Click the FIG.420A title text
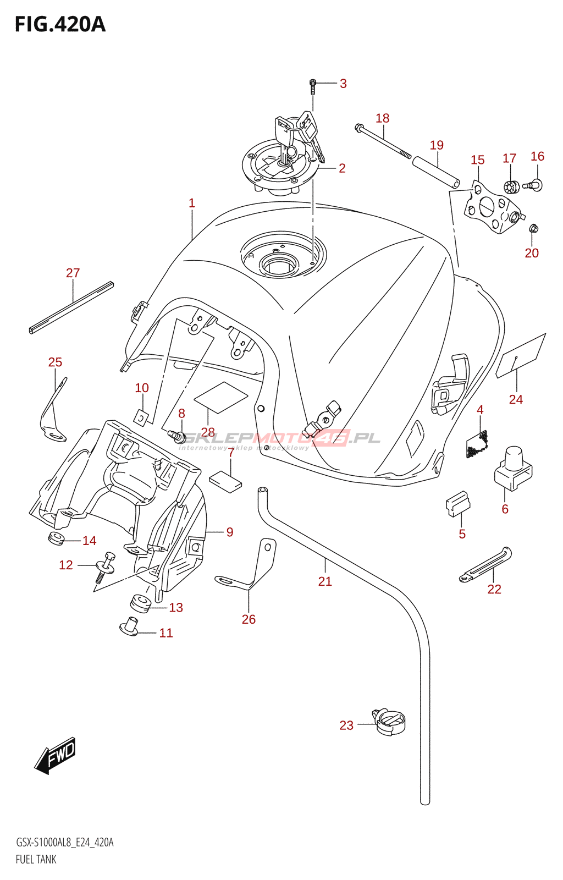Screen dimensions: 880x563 (60, 25)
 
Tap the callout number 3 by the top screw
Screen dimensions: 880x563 (343, 84)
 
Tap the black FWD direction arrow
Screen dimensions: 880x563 (56, 755)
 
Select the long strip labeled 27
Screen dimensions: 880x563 (71, 307)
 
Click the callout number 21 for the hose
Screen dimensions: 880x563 (325, 581)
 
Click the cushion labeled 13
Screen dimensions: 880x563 (140, 602)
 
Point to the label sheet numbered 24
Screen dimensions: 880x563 (521, 355)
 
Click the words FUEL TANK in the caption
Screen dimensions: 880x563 (36, 859)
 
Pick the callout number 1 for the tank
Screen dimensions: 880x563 (192, 203)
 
